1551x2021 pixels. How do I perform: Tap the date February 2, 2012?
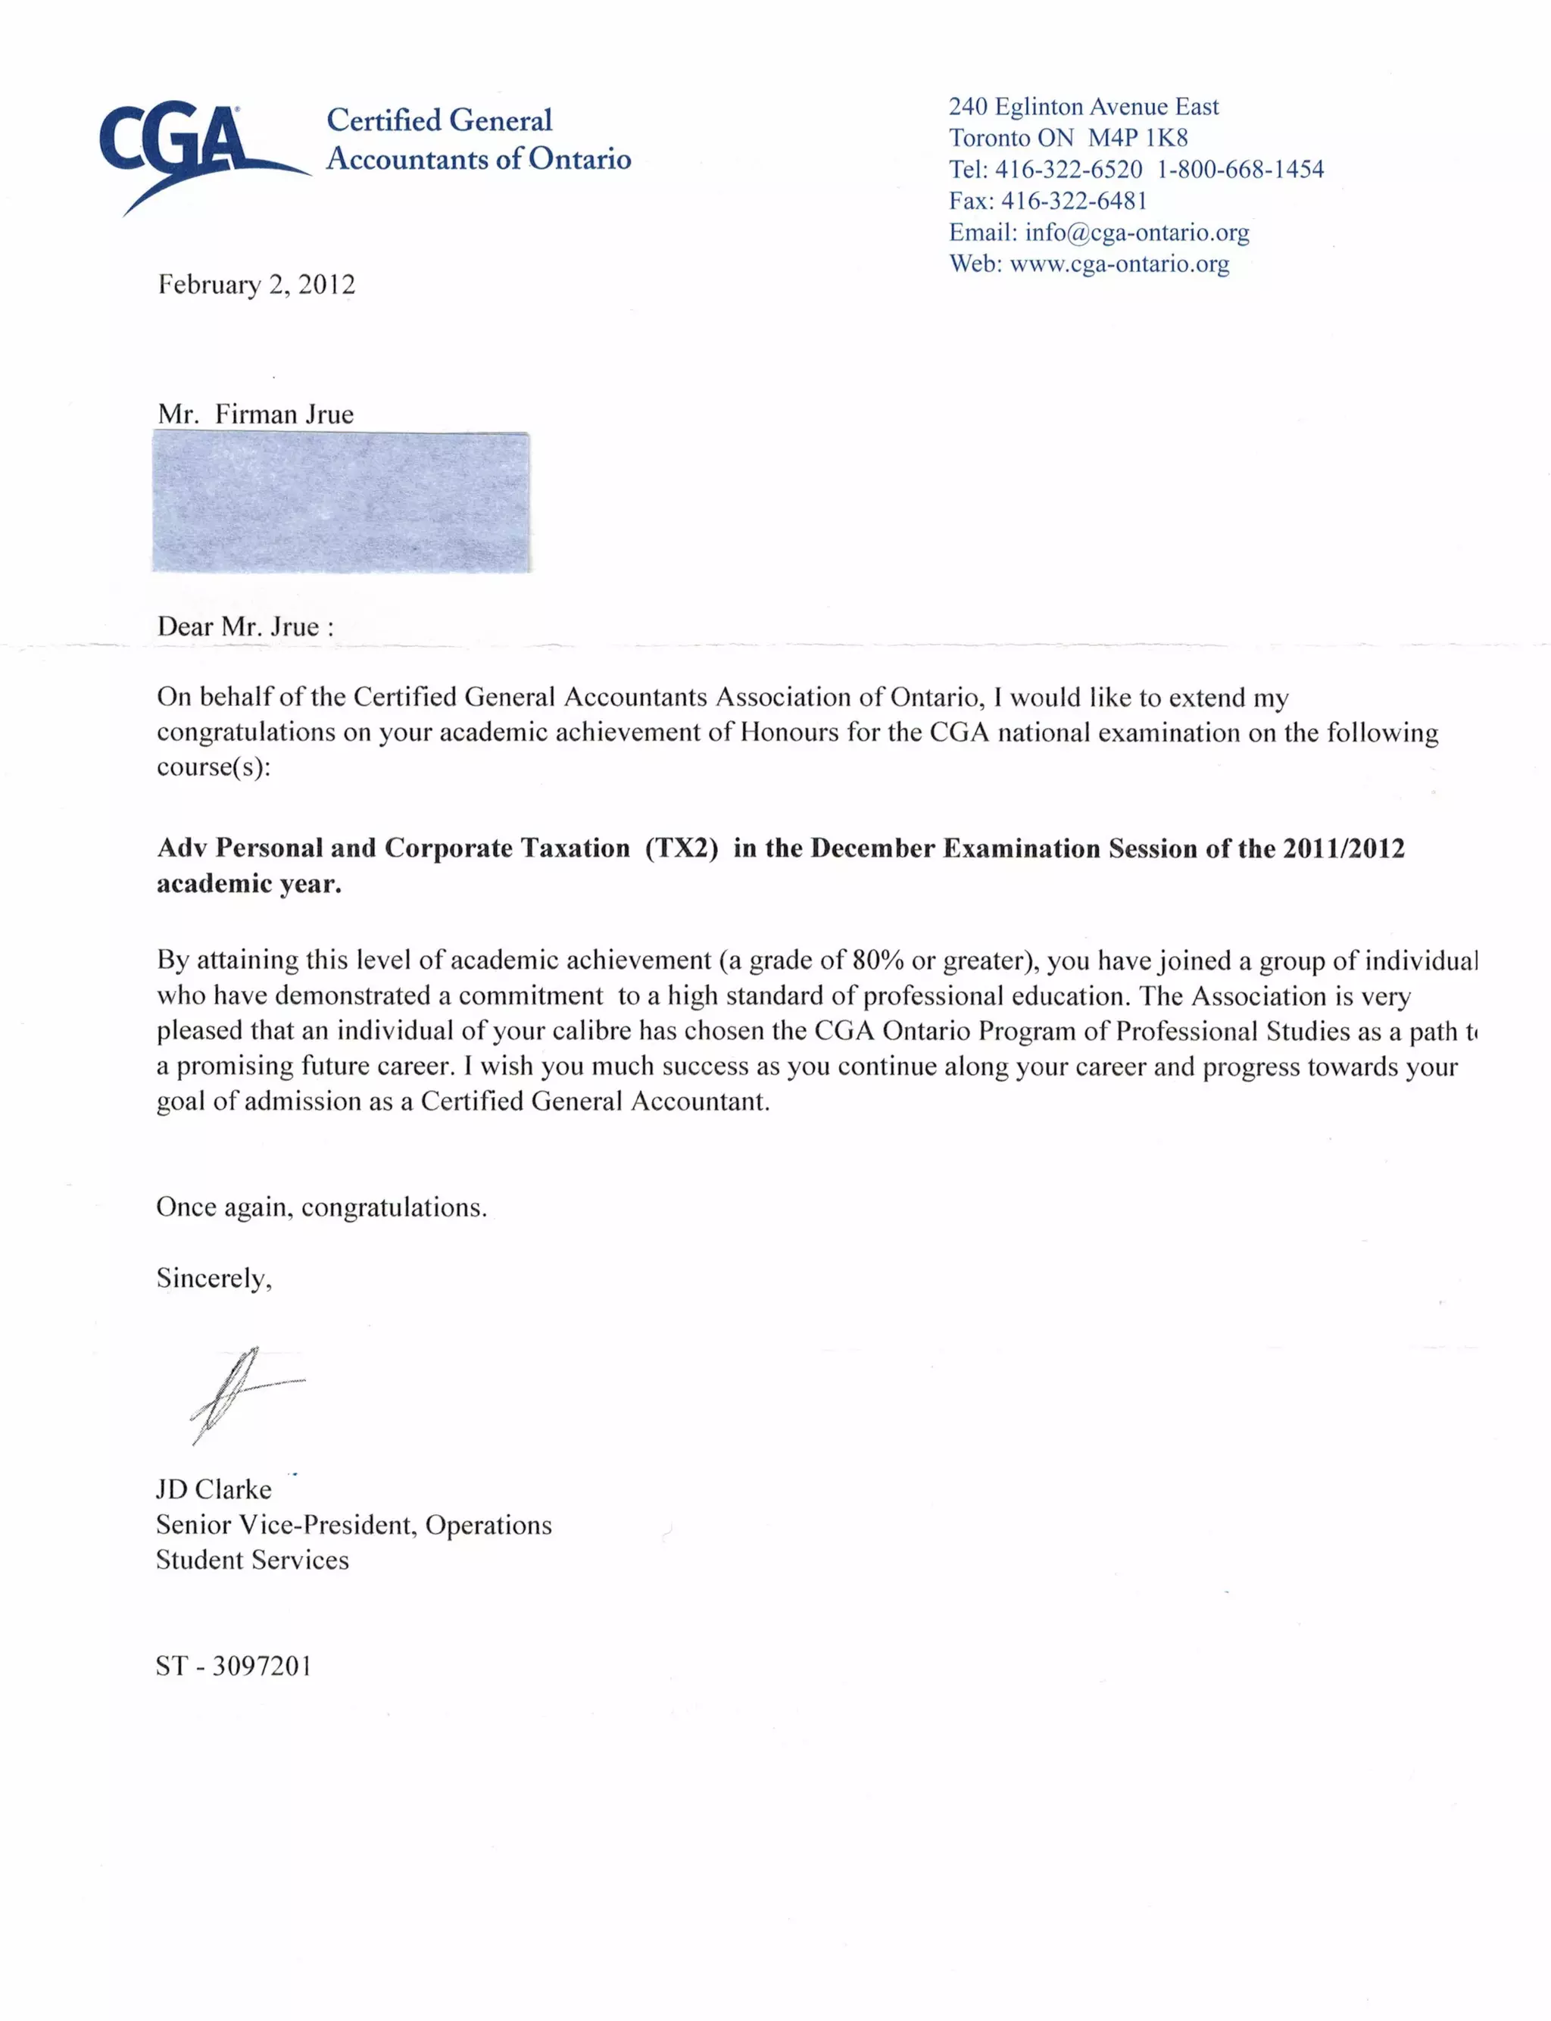256,284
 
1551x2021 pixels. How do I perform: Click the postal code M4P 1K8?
1138,139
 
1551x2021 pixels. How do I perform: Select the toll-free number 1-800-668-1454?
1240,170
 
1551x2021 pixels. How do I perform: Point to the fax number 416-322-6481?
1074,201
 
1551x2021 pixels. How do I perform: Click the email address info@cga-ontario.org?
1137,233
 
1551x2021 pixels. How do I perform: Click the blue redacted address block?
341,502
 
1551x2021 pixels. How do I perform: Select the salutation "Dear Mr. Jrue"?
245,627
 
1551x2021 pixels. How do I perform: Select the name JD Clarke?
214,1489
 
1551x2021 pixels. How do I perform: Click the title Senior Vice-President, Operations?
354,1525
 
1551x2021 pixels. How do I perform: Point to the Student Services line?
252,1560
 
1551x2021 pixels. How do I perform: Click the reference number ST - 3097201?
233,1666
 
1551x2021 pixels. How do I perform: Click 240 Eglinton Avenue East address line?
1083,107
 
